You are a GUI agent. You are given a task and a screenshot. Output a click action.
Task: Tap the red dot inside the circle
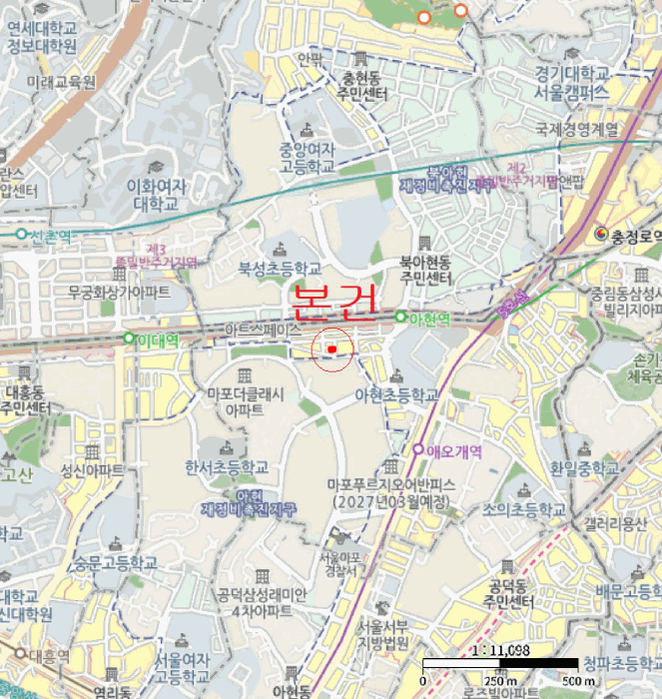[x=331, y=349]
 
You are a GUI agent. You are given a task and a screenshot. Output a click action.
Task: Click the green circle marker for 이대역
[x=129, y=339]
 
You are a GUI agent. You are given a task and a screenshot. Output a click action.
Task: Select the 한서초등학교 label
[x=227, y=466]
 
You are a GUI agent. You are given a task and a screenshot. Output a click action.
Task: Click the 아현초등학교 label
[x=396, y=395]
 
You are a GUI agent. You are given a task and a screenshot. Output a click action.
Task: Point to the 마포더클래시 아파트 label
[x=245, y=401]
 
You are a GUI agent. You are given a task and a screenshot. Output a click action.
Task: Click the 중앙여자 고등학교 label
[x=307, y=158]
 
